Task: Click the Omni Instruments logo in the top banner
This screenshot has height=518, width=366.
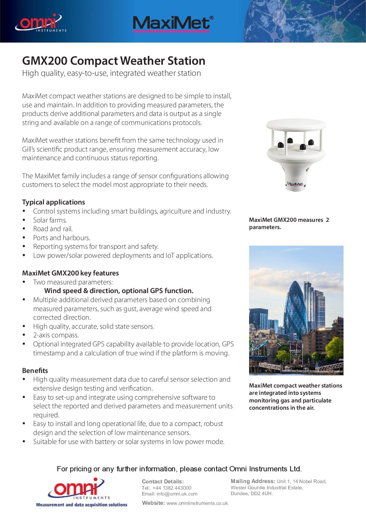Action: pos(40,23)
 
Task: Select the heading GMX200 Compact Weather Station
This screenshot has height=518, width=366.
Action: pos(113,61)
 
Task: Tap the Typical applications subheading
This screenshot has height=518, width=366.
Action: pos(53,202)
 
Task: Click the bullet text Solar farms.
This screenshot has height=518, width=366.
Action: pos(50,220)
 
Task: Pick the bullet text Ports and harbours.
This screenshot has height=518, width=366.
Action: pos(62,238)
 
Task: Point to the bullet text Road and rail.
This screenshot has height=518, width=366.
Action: pos(53,229)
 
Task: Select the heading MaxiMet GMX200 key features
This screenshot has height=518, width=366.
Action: pos(70,273)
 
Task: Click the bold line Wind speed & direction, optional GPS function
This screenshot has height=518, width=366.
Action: pos(119,291)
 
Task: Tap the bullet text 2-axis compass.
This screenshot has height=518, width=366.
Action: pos(56,335)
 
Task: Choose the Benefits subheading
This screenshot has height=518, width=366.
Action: pos(35,371)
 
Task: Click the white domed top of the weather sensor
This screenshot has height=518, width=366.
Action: pos(296,125)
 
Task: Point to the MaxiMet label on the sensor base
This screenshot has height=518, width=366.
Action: pos(295,184)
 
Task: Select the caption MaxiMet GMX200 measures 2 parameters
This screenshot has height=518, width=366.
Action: pos(289,224)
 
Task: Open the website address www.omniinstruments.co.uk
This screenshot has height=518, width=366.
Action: pos(197,503)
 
